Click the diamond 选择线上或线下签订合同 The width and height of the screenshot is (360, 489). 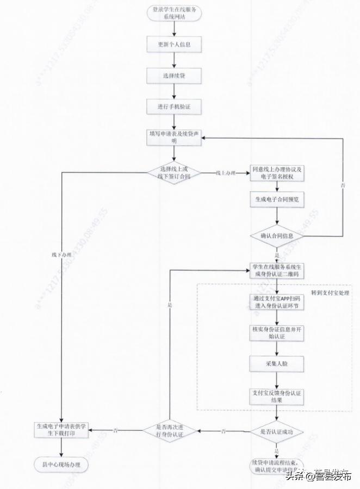pos(174,173)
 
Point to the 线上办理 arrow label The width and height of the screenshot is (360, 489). pos(226,173)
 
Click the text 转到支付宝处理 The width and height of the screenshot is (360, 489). pos(330,293)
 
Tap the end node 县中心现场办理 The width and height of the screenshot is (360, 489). pos(61,465)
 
